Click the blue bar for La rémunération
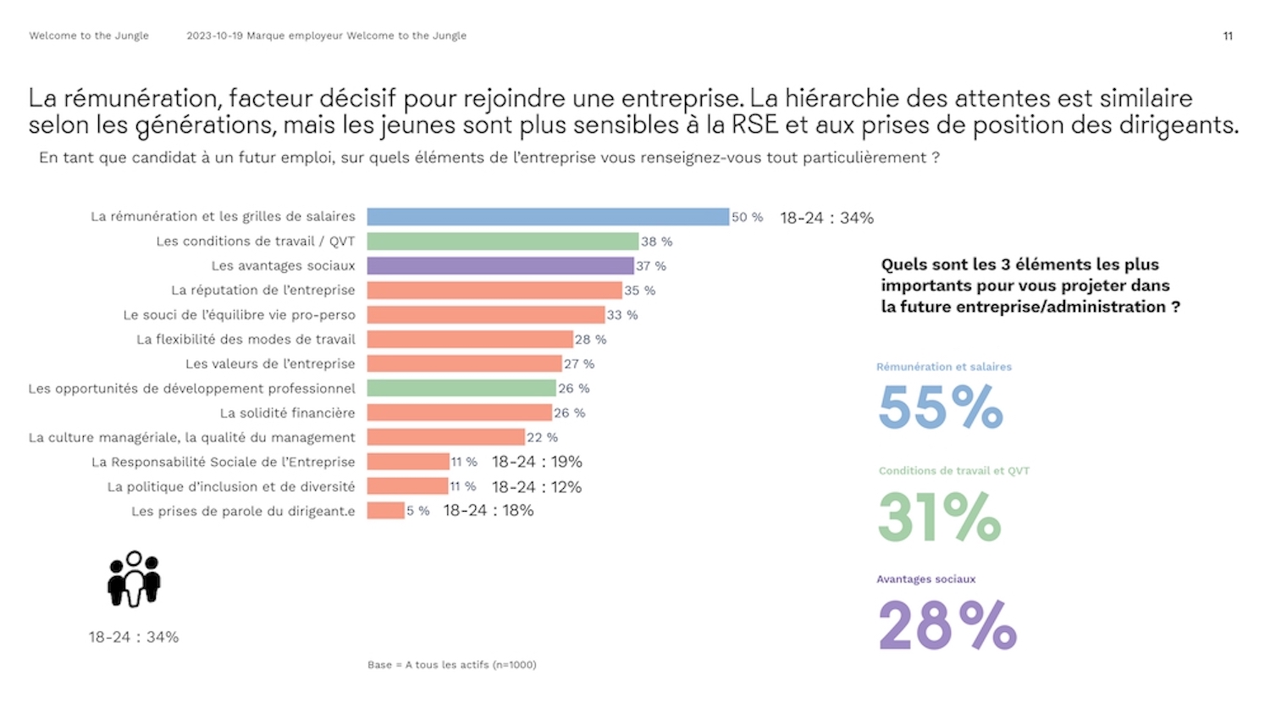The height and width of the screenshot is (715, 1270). click(548, 217)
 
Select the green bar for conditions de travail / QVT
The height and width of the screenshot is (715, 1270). click(503, 241)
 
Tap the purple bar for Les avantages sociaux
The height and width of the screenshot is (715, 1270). click(500, 266)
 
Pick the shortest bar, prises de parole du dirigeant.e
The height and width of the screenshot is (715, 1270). click(386, 511)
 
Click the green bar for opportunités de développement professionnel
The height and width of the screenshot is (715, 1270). click(461, 388)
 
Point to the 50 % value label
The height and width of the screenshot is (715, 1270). click(747, 218)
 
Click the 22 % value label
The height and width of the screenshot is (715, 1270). click(542, 437)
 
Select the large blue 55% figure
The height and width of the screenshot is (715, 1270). click(941, 407)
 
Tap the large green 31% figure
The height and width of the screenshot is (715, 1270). click(940, 516)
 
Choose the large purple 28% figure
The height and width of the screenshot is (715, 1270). click(947, 625)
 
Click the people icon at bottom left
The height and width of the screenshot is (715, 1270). click(134, 579)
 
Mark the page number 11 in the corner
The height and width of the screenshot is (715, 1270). click(1228, 36)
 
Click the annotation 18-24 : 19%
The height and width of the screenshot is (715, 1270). click(537, 462)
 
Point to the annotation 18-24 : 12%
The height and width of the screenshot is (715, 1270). click(537, 487)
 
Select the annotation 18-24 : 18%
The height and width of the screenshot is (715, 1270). click(489, 511)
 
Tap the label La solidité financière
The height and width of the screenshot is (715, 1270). click(287, 413)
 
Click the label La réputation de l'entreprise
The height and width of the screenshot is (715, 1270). click(262, 291)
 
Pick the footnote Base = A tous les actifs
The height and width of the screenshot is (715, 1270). click(451, 665)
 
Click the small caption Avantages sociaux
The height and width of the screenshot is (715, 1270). click(925, 579)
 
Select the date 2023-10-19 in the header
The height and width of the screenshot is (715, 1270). click(214, 36)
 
